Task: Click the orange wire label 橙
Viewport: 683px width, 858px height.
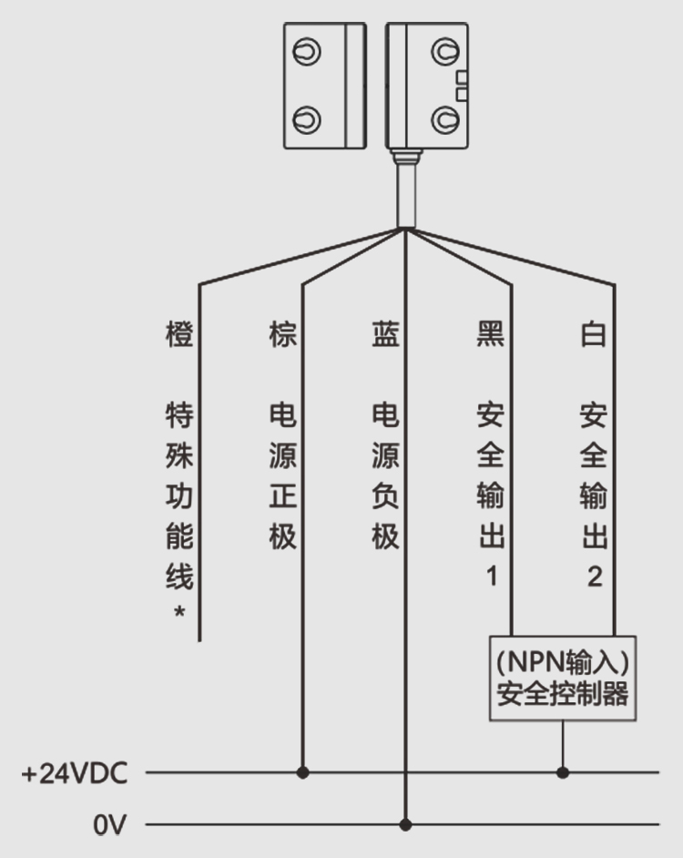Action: click(179, 334)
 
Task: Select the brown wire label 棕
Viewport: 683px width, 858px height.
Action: click(283, 334)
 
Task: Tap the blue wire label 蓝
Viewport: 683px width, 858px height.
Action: click(385, 334)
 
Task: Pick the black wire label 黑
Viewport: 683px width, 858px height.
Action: click(490, 334)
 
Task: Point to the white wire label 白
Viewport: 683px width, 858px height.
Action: click(593, 334)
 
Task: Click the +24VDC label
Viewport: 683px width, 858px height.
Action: click(75, 774)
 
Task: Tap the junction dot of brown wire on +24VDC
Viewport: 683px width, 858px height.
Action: click(303, 773)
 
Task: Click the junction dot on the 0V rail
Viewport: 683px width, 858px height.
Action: click(406, 825)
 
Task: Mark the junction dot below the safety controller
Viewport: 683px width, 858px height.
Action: click(563, 773)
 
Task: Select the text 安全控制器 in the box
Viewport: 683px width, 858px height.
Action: click(563, 695)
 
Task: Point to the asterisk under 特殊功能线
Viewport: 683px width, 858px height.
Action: click(179, 613)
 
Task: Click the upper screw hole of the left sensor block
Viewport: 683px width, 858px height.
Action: click(310, 51)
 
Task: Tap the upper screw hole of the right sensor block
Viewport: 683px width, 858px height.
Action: click(444, 51)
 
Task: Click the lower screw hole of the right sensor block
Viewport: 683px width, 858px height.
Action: click(444, 117)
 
